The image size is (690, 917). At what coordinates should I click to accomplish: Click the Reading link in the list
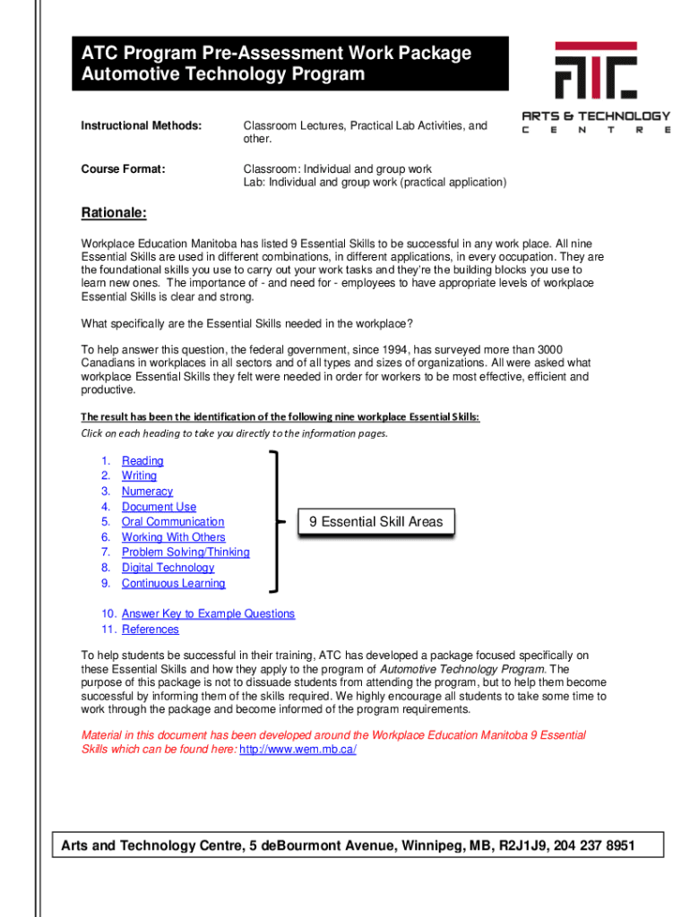point(142,461)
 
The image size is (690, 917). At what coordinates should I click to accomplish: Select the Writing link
point(139,476)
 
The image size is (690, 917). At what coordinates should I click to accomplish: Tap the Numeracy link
point(147,492)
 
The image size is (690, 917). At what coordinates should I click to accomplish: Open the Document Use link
point(159,507)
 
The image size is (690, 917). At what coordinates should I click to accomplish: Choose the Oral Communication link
point(173,522)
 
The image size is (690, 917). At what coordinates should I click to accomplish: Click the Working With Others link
point(173,537)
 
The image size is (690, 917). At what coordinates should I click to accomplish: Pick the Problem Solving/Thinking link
point(185,553)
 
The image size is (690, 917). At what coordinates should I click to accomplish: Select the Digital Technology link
point(168,568)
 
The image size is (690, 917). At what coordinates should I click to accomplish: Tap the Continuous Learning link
point(173,584)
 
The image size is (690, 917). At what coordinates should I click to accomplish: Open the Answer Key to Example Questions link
point(208,614)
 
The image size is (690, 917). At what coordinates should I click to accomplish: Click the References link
point(151,630)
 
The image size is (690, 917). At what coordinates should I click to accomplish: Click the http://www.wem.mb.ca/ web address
point(298,749)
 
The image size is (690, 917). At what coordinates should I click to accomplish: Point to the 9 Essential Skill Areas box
point(376,522)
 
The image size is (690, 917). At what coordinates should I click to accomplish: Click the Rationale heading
point(114,213)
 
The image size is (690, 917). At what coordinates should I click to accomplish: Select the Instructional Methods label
point(141,126)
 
